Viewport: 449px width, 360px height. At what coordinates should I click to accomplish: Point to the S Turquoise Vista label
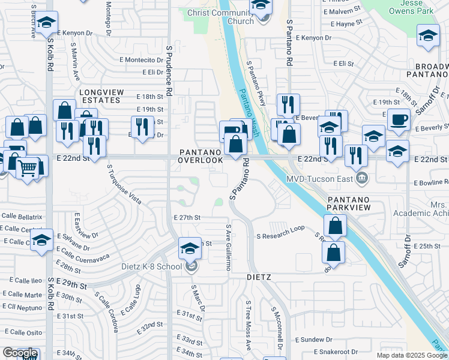point(124,183)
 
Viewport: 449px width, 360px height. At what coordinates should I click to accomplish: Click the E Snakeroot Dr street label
point(331,352)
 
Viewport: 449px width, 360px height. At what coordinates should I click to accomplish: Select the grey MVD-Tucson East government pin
point(362,178)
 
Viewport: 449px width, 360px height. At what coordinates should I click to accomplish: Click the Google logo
point(20,353)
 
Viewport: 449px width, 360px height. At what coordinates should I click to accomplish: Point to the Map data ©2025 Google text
point(411,355)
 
